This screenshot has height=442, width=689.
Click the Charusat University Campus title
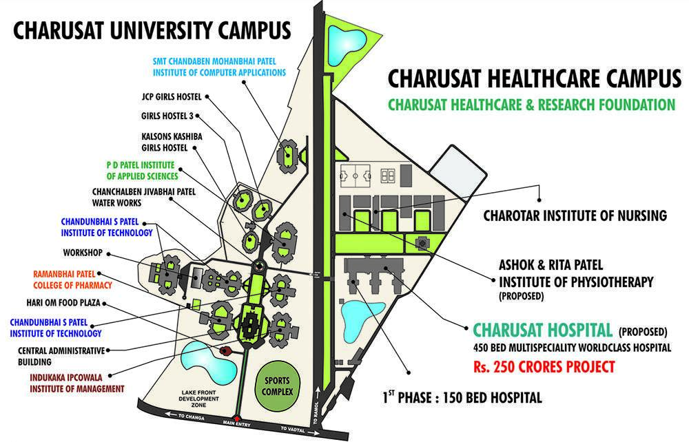pyautogui.click(x=152, y=31)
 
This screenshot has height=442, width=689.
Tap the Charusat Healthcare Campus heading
pyautogui.click(x=534, y=79)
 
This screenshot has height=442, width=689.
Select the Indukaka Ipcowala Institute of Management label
pyautogui.click(x=76, y=383)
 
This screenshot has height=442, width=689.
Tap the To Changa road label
pyautogui.click(x=177, y=417)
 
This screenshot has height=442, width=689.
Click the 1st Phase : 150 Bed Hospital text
pyautogui.click(x=462, y=397)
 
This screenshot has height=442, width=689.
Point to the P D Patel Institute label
pyautogui.click(x=135, y=171)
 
